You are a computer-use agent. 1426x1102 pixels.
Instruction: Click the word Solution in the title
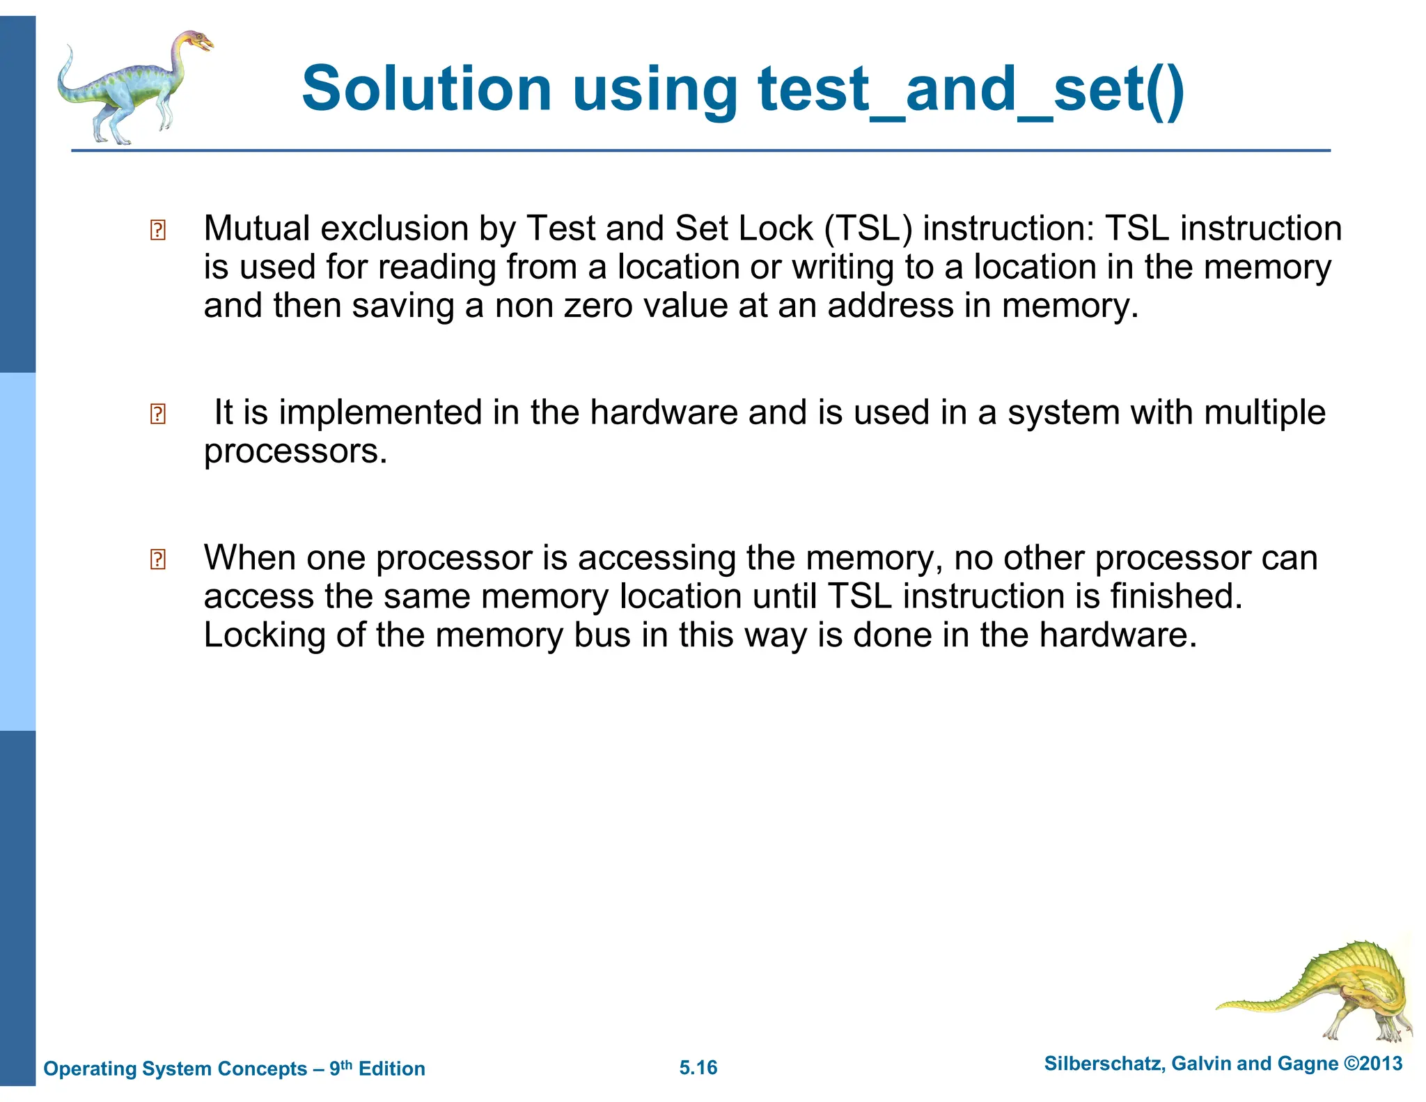click(x=426, y=89)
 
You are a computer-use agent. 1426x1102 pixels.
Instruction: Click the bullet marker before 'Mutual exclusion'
click(x=158, y=230)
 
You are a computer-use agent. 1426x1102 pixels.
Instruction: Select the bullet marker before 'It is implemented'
click(x=158, y=414)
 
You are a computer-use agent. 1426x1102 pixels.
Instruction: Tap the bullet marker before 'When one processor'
click(x=158, y=559)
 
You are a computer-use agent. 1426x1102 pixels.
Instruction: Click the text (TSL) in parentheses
click(x=868, y=228)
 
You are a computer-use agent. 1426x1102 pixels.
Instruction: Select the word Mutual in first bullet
click(x=257, y=228)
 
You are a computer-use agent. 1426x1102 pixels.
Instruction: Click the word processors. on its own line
click(x=295, y=452)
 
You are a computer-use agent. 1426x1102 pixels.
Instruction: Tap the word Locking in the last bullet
click(x=265, y=635)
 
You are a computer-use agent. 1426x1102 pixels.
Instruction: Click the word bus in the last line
click(x=602, y=635)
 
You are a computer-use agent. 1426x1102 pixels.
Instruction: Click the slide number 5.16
click(x=698, y=1067)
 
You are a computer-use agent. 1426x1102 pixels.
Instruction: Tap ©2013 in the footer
click(x=1372, y=1063)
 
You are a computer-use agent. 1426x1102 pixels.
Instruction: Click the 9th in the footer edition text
click(x=340, y=1067)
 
